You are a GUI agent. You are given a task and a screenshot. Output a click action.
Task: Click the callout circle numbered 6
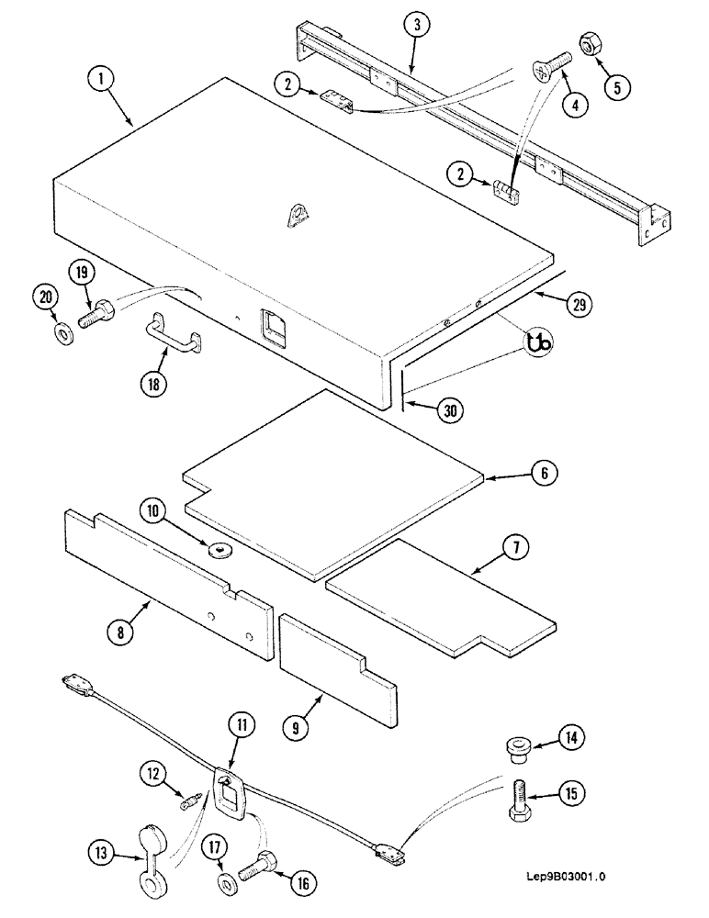pos(544,475)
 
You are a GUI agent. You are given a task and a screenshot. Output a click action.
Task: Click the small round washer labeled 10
pos(220,550)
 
